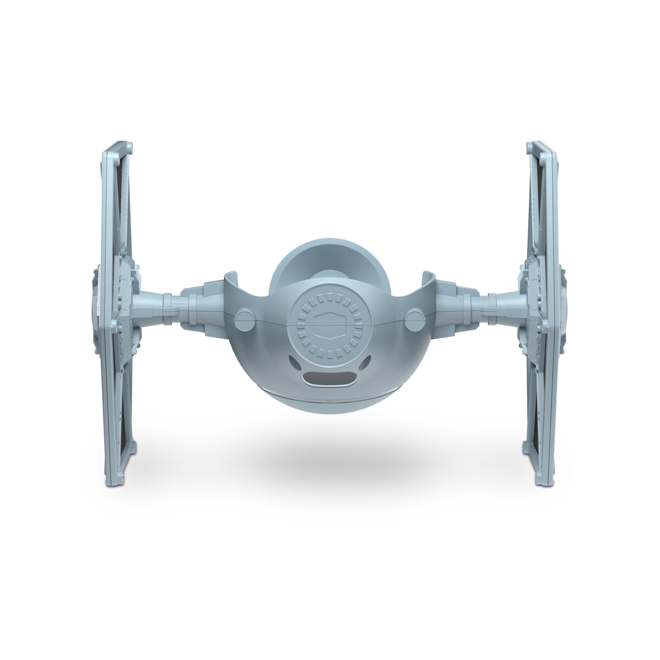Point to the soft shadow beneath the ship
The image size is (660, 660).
click(328, 458)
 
